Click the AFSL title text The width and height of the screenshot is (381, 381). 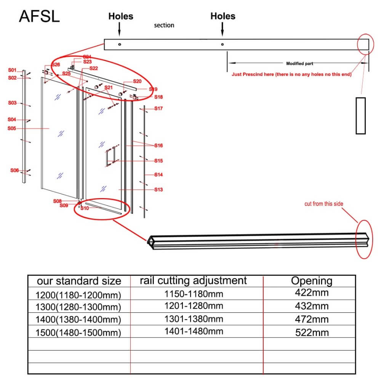click(x=39, y=16)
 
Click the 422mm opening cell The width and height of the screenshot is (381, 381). click(x=312, y=293)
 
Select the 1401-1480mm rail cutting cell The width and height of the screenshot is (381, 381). click(x=194, y=331)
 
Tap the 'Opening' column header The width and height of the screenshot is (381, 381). click(x=312, y=281)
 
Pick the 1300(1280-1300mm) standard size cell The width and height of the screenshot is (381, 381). click(x=78, y=307)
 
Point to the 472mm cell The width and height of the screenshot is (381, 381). click(x=312, y=319)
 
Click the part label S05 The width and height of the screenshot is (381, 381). click(x=12, y=128)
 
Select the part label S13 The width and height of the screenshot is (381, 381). click(x=158, y=189)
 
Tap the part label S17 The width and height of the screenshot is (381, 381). click(x=158, y=109)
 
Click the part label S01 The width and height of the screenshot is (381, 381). click(x=13, y=70)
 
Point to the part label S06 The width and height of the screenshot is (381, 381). click(x=14, y=170)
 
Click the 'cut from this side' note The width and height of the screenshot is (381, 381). click(x=323, y=204)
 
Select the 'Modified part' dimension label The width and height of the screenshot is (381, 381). click(x=299, y=64)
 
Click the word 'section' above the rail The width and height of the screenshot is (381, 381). click(x=164, y=25)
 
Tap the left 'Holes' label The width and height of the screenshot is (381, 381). click(x=121, y=16)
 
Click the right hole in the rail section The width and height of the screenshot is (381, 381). click(x=223, y=44)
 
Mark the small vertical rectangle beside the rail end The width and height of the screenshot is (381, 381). click(x=360, y=115)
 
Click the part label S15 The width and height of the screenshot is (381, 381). click(x=158, y=161)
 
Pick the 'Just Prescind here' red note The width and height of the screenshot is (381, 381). click(x=291, y=75)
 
